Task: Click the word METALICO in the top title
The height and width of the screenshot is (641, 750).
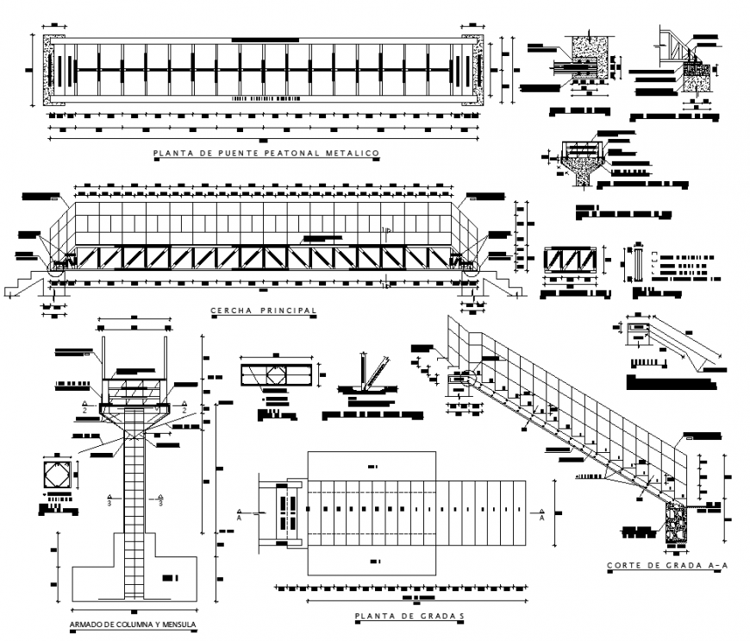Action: (x=352, y=154)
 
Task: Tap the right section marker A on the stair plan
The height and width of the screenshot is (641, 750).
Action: (x=541, y=517)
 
